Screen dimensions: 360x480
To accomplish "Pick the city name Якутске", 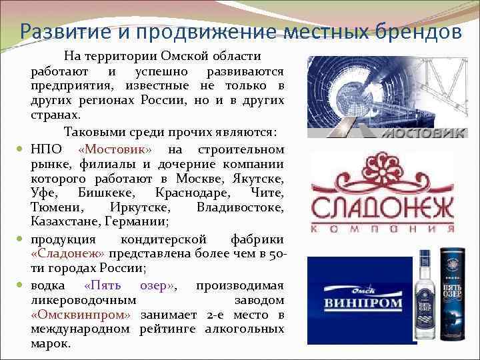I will (259, 179).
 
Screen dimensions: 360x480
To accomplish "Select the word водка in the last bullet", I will (47, 284).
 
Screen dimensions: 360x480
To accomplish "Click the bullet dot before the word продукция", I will (21, 239).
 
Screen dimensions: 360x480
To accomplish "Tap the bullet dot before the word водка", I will (21, 284).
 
